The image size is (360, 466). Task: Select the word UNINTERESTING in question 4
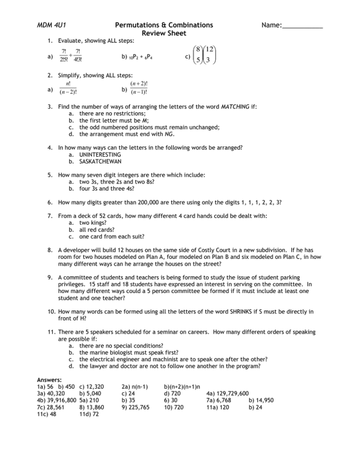(x=100, y=155)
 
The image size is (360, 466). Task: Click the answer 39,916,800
(x=62, y=400)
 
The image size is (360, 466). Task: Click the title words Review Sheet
(x=164, y=34)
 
